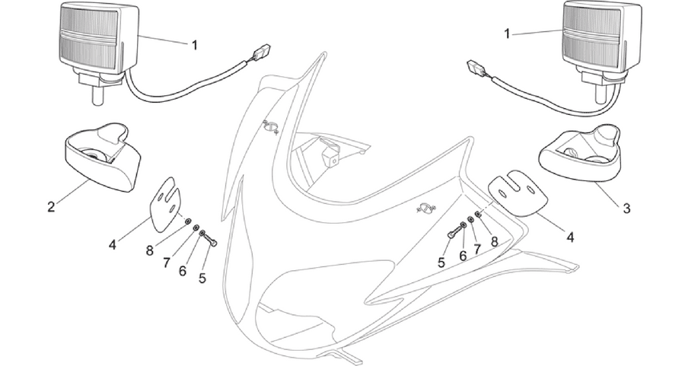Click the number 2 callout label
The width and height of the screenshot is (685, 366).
tap(51, 206)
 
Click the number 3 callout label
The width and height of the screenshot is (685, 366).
tap(626, 208)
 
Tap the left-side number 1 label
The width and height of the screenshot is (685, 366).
tap(195, 45)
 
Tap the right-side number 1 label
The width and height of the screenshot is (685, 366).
tap(507, 33)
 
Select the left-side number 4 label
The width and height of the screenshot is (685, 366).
tap(113, 245)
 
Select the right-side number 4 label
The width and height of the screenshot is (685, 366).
tap(569, 237)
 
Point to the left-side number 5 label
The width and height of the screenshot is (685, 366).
tap(202, 278)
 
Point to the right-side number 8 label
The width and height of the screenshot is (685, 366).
tap(494, 241)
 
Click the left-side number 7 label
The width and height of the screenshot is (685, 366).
tap(167, 263)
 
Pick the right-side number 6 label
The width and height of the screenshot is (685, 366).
tap(463, 256)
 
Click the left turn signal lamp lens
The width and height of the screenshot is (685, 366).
tap(89, 38)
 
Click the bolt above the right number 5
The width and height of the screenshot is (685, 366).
tap(454, 231)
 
